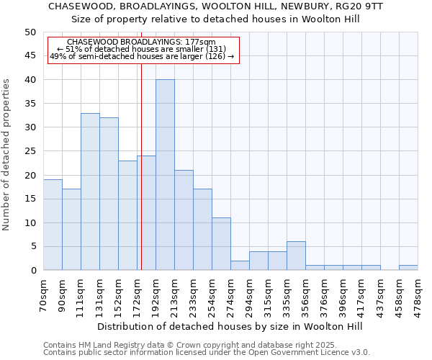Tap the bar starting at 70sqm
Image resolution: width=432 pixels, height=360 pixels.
(53, 225)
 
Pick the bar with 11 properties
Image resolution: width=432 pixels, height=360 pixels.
(221, 244)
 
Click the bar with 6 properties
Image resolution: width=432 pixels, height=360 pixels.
(296, 256)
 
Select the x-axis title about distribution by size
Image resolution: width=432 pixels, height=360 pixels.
(230, 326)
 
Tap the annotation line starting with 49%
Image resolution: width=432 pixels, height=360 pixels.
(142, 56)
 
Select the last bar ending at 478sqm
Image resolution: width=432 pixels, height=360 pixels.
(408, 268)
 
